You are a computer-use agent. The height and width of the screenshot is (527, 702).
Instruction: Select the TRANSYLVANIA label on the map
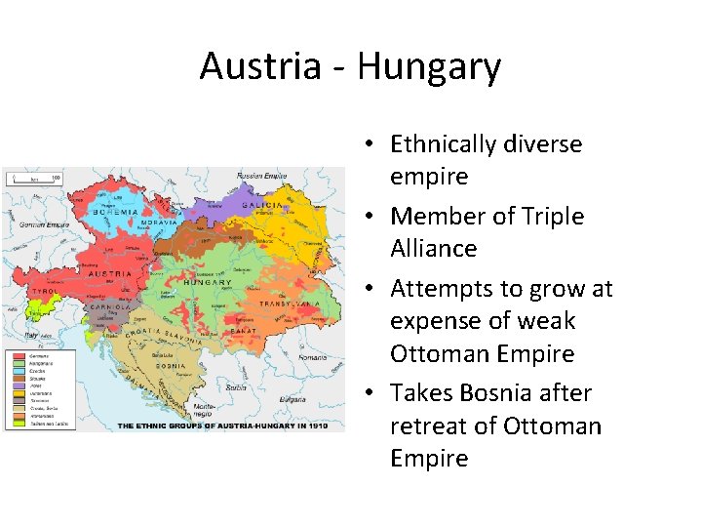pyautogui.click(x=290, y=304)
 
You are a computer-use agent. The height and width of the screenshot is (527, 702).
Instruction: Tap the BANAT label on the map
pyautogui.click(x=245, y=331)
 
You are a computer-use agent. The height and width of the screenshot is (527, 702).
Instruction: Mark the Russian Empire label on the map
pyautogui.click(x=261, y=177)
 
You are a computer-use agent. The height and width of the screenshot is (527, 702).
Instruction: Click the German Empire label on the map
pyautogui.click(x=40, y=223)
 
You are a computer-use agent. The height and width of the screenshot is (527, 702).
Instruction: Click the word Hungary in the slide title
pyautogui.click(x=429, y=66)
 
